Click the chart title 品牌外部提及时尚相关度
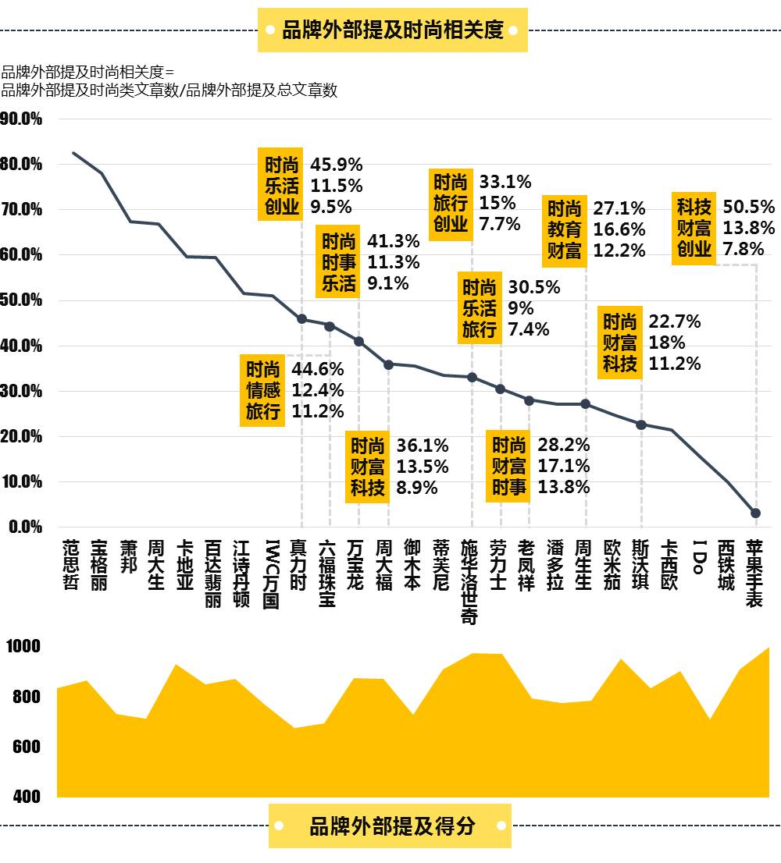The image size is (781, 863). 392,30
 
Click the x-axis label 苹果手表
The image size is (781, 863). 754,573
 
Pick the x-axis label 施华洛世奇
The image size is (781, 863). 469,581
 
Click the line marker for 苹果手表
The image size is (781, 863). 755,513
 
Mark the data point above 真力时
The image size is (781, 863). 301,318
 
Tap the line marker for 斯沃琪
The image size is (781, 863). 641,424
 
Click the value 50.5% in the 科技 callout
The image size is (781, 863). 748,207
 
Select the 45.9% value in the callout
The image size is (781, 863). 337,165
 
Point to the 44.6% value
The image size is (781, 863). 317,368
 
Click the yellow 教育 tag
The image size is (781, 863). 564,229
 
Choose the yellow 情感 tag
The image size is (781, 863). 262,389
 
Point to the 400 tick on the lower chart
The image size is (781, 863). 26,797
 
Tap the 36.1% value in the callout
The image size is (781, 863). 423,446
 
